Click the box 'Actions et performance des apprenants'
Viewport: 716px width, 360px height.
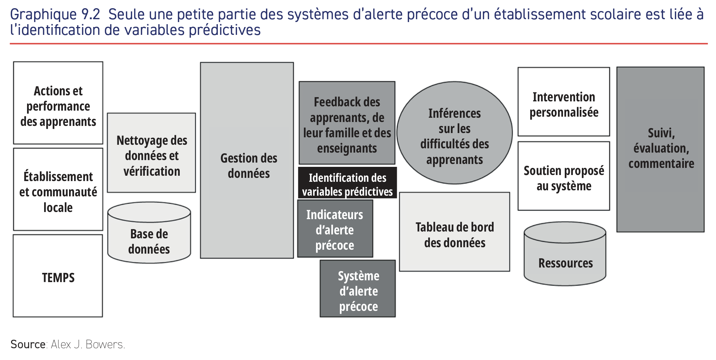pyautogui.click(x=58, y=103)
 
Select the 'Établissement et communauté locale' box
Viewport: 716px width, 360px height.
pyautogui.click(x=58, y=189)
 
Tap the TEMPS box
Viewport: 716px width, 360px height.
pyautogui.click(x=58, y=276)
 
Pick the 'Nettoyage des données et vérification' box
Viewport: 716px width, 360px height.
pyautogui.click(x=152, y=153)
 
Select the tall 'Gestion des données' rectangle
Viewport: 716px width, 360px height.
pyautogui.click(x=247, y=160)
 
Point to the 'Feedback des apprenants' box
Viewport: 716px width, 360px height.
pyautogui.click(x=347, y=123)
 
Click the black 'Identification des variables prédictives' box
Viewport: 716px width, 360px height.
pyautogui.click(x=347, y=183)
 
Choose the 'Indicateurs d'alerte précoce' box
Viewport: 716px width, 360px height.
pyautogui.click(x=335, y=229)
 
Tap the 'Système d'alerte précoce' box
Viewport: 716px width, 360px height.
pyautogui.click(x=358, y=288)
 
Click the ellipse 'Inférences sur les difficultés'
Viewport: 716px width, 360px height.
pyautogui.click(x=454, y=133)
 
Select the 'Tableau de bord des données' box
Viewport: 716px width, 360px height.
pyautogui.click(x=454, y=232)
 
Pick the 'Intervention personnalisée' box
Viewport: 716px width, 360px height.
pyautogui.click(x=564, y=102)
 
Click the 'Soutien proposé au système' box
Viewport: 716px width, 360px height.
pyautogui.click(x=564, y=176)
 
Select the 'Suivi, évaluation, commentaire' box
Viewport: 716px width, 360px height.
pyautogui.click(x=660, y=149)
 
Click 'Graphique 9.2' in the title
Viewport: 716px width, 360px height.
pyautogui.click(x=55, y=15)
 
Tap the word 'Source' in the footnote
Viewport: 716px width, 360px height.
pyautogui.click(x=28, y=344)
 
